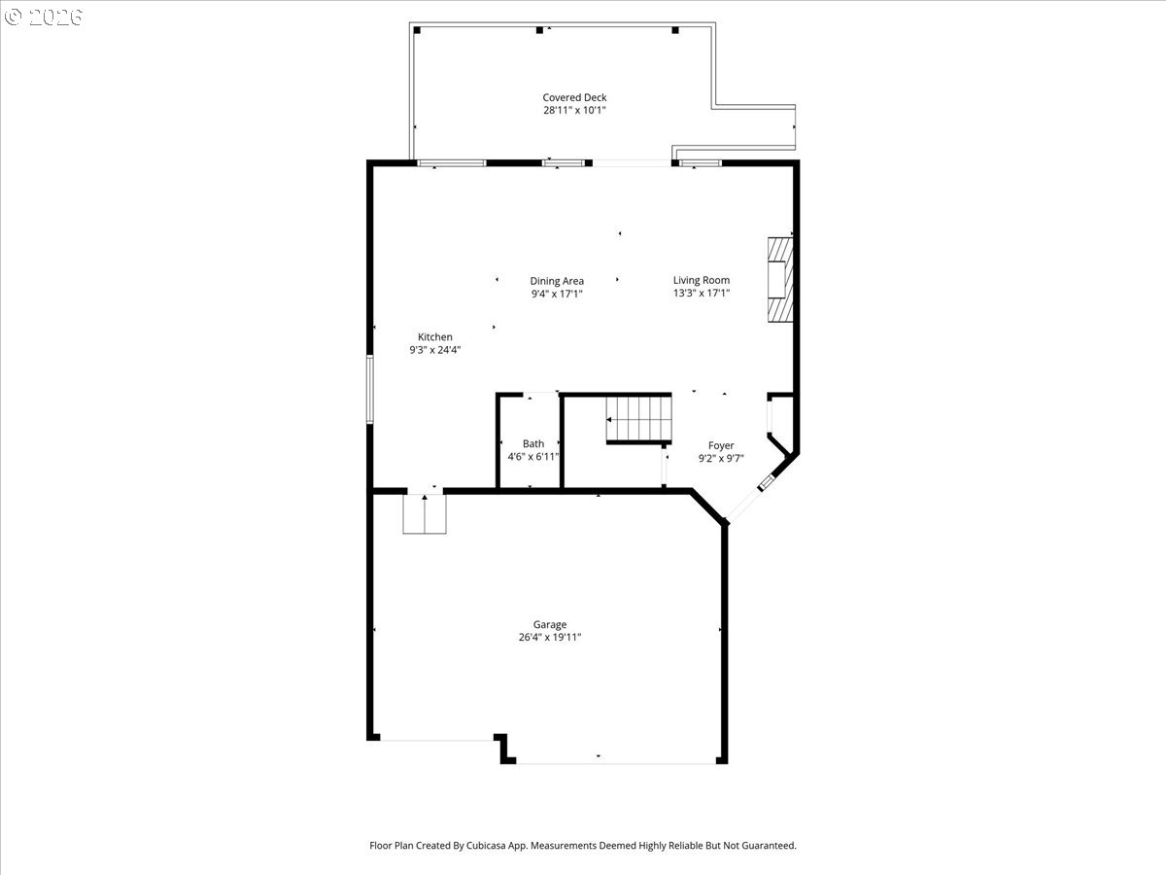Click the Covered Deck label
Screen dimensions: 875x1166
click(x=574, y=97)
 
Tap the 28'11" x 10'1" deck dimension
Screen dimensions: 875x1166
click(x=574, y=111)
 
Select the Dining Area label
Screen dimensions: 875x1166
click(x=557, y=281)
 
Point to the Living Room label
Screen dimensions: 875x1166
click(x=702, y=280)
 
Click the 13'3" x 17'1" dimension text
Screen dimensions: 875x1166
click(x=702, y=293)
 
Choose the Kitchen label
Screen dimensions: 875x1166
click(x=435, y=337)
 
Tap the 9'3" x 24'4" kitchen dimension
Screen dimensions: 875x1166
click(x=435, y=350)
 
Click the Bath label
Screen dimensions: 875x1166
click(x=533, y=443)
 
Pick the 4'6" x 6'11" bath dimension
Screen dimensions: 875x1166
click(x=533, y=456)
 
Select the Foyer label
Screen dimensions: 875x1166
click(x=721, y=445)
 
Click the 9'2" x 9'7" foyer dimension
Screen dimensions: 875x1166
click(x=721, y=458)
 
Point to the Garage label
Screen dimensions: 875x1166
click(x=550, y=625)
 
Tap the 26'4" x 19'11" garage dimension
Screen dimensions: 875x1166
click(x=550, y=638)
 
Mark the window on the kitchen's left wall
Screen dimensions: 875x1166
click(x=370, y=389)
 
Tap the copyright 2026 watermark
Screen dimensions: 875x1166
click(x=44, y=17)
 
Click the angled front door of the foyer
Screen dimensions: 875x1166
click(x=749, y=502)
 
